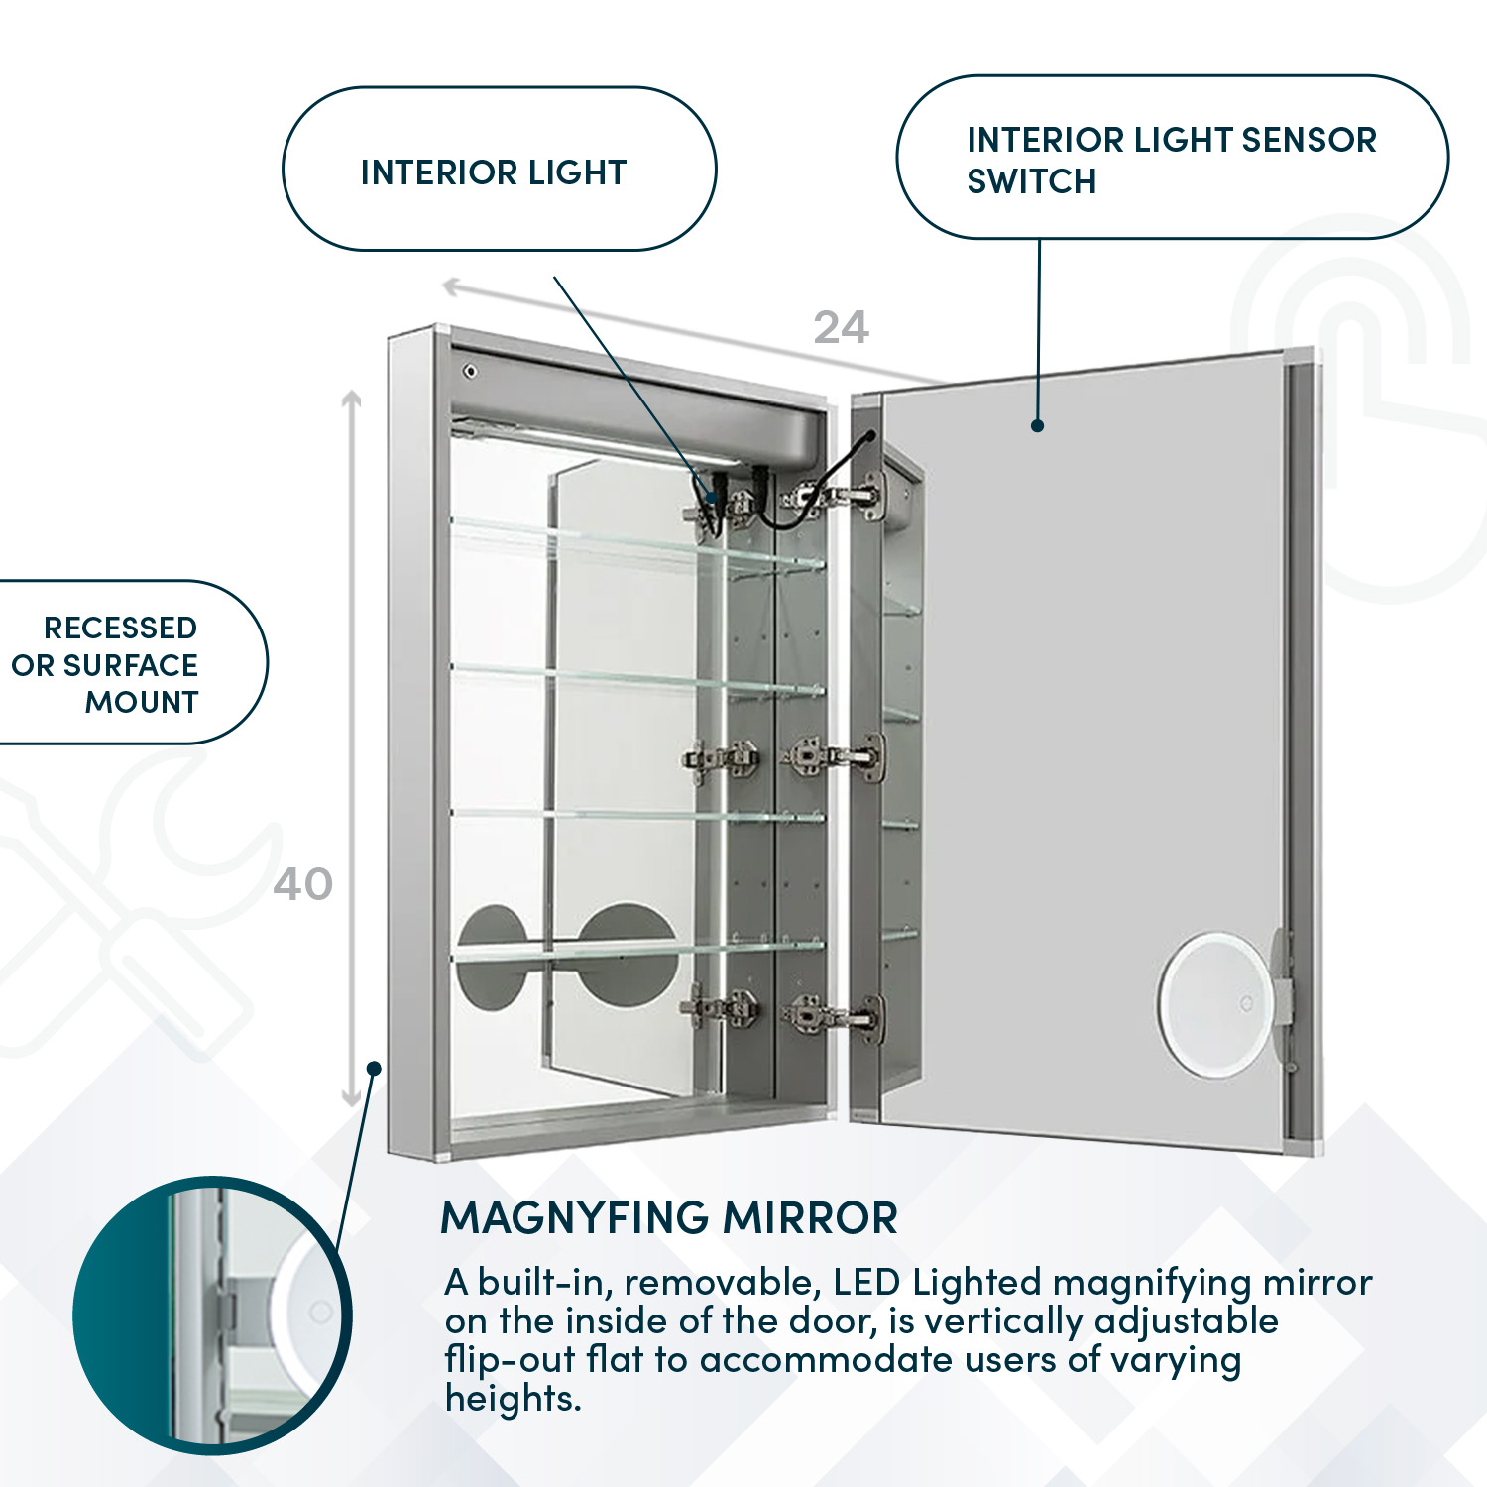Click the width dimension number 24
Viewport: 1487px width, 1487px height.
pos(841,327)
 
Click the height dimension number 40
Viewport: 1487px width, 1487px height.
pos(302,884)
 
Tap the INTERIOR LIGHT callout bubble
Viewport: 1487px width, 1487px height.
pos(499,170)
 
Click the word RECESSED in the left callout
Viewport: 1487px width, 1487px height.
pos(120,629)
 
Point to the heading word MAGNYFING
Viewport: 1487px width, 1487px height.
pos(574,1217)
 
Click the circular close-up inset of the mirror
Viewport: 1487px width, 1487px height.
pos(211,1315)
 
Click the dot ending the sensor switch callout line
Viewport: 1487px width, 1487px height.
pos(1037,425)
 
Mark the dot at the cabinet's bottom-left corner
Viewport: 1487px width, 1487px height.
pos(374,1068)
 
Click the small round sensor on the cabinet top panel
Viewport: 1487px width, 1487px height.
pos(470,372)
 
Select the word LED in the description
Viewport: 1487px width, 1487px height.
pos(867,1283)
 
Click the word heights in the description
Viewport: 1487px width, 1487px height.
pos(512,1399)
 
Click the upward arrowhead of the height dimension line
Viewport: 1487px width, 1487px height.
pos(351,399)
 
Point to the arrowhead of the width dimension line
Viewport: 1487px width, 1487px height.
pos(450,287)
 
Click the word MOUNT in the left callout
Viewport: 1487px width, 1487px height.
pos(142,702)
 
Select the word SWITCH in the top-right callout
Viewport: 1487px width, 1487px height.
pos(1031,182)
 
